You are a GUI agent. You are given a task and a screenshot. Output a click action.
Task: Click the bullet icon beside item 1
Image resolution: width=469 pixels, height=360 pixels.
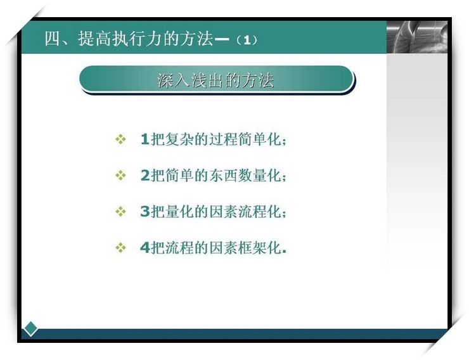click(120, 139)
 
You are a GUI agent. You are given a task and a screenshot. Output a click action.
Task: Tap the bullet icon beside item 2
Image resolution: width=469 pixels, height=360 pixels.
click(120, 176)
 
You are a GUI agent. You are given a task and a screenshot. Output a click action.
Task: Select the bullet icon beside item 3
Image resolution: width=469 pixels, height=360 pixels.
click(120, 212)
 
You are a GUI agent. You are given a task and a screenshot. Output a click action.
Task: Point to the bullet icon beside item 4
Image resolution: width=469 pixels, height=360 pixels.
click(120, 248)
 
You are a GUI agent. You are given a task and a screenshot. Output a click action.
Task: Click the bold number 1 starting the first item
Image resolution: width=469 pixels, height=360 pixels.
click(145, 139)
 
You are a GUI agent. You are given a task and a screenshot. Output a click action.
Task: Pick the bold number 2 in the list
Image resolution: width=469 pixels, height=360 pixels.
click(145, 176)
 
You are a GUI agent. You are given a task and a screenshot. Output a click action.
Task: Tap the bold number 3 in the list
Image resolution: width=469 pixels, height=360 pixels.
click(145, 212)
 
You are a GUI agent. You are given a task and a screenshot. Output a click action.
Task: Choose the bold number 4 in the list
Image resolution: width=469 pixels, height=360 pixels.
click(145, 248)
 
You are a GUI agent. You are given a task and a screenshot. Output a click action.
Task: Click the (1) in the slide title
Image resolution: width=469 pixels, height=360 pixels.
click(247, 40)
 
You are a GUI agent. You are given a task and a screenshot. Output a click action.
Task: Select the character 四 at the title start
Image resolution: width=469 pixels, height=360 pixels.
click(53, 39)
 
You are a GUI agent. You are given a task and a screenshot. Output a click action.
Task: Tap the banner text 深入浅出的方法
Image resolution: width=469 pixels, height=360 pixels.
click(215, 80)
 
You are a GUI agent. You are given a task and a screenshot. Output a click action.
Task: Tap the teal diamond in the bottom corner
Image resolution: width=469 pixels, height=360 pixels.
click(30, 328)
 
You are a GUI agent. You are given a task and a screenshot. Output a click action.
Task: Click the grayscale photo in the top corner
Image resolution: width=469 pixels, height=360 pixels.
click(417, 37)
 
